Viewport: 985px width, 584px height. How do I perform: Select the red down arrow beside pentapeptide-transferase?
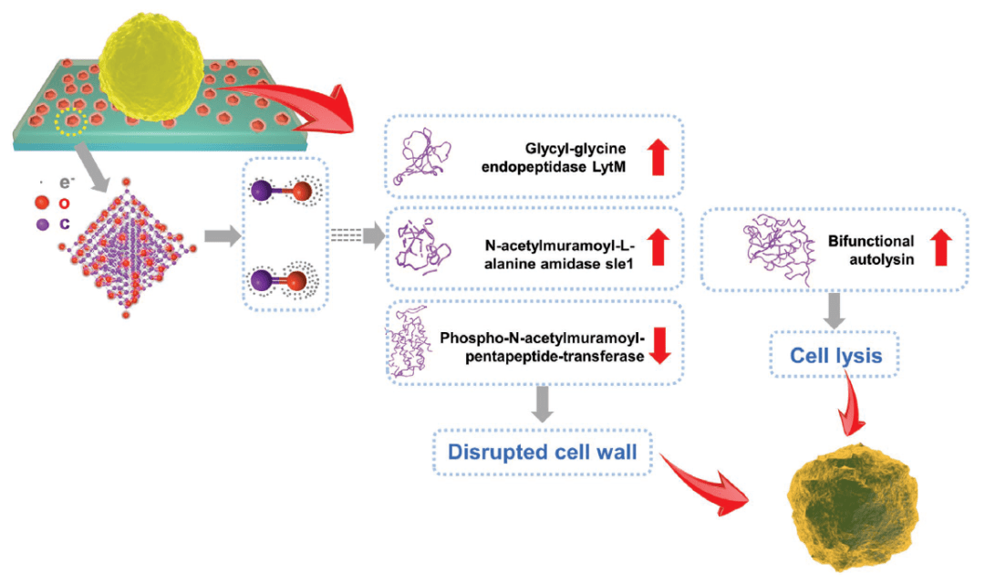(x=662, y=345)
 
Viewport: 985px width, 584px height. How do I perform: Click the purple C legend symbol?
(x=42, y=223)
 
